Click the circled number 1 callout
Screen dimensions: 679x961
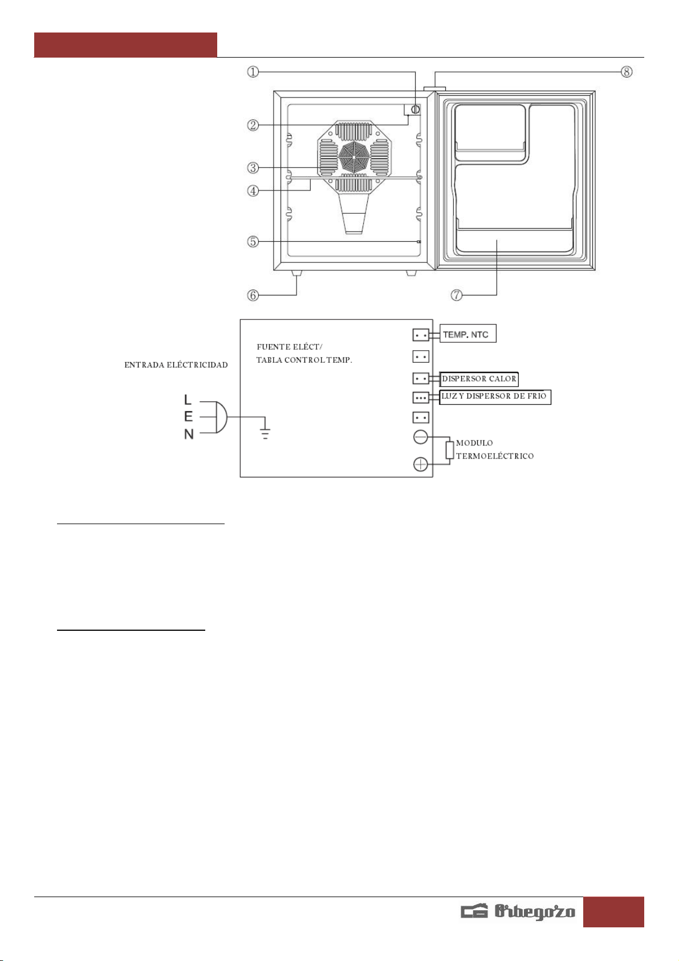(x=253, y=72)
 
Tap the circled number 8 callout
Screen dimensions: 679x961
(x=627, y=72)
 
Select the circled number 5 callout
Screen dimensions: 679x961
(x=253, y=242)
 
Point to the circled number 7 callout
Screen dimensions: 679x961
(x=457, y=295)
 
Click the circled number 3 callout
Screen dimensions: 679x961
(x=253, y=168)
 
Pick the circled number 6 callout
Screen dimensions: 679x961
(x=253, y=295)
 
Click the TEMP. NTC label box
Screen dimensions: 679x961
(x=468, y=333)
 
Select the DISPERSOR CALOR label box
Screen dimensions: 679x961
(x=479, y=379)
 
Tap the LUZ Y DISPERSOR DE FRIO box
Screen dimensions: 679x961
(x=495, y=397)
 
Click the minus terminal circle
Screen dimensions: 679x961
(x=420, y=437)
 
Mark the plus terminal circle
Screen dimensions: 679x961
(x=420, y=464)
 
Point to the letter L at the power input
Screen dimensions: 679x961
(x=188, y=400)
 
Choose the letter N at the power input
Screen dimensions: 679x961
(x=189, y=435)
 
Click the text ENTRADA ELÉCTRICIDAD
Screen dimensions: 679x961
(x=176, y=365)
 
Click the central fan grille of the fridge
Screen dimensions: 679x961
(x=353, y=157)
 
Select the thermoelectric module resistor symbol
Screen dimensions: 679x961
(x=449, y=450)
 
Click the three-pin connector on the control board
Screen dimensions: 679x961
(x=421, y=398)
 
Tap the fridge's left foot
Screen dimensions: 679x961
(x=296, y=273)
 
